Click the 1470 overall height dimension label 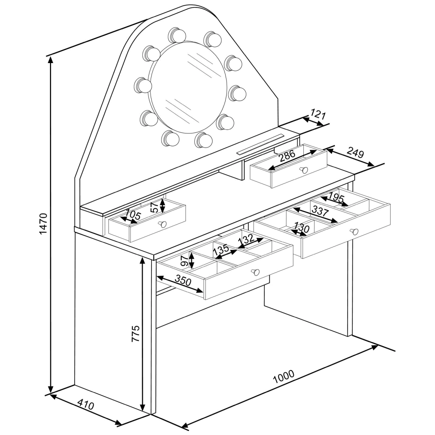coord(43,224)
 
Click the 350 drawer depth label coord(183,281)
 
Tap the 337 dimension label coord(320,211)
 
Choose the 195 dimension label coord(336,198)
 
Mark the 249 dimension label coord(355,152)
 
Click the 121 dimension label coord(318,114)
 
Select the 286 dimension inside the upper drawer coord(287,156)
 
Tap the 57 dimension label coord(155,208)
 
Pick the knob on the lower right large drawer coord(354,232)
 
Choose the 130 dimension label coord(302,228)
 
